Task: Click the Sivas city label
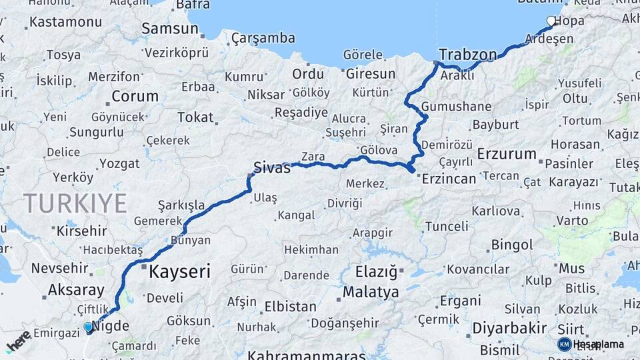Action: [272, 168]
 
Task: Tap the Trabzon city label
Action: [468, 55]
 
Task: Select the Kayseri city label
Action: [179, 271]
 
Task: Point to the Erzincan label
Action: [447, 179]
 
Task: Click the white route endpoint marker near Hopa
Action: [551, 21]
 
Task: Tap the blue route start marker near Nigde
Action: [88, 327]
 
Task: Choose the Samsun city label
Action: [170, 29]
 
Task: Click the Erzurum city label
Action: [507, 154]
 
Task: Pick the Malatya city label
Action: [371, 292]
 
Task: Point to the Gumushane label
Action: [457, 107]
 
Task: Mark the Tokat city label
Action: [195, 117]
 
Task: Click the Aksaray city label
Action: [76, 291]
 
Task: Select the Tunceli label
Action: [446, 226]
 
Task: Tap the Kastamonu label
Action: [65, 22]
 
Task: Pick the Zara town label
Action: [313, 157]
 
